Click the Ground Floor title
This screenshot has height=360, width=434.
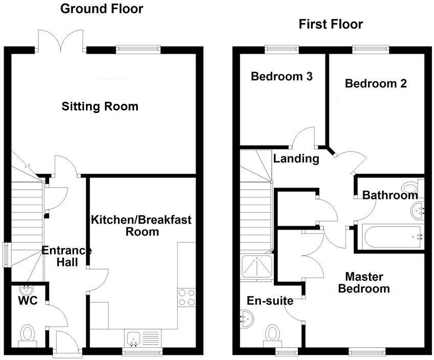coord(102,8)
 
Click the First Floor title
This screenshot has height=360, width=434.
coord(331,24)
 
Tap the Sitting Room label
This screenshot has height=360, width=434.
coord(100,106)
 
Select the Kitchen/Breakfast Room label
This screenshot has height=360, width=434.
coord(141,226)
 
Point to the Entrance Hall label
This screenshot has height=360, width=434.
coord(66,256)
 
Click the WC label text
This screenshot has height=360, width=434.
coord(28,301)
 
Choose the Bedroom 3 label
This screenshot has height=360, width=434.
coord(281,77)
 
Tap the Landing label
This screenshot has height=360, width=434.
coord(296,159)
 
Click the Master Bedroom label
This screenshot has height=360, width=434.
coord(364,283)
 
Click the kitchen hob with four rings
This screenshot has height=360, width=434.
coord(186,297)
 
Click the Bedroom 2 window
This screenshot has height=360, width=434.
coord(371,49)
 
